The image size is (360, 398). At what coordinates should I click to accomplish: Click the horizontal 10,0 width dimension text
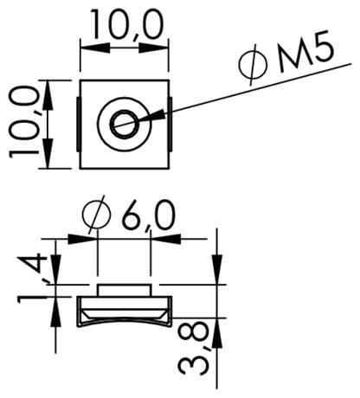pyautogui.click(x=126, y=24)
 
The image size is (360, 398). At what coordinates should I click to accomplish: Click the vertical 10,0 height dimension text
pyautogui.click(x=24, y=124)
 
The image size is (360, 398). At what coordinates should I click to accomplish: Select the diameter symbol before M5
pyautogui.click(x=253, y=65)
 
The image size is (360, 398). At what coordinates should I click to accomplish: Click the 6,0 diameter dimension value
pyautogui.click(x=149, y=215)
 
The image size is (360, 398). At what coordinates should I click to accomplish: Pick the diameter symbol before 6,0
pyautogui.click(x=96, y=215)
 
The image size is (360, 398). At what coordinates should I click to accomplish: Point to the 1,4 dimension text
pyautogui.click(x=32, y=278)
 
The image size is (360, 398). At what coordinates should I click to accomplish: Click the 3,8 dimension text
pyautogui.click(x=193, y=349)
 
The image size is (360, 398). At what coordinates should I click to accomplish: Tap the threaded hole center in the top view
pyautogui.click(x=125, y=125)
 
